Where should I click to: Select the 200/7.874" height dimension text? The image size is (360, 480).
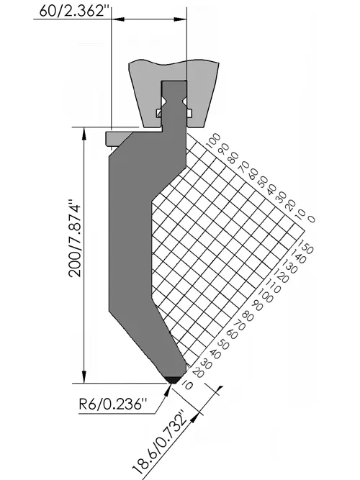(x=75, y=238)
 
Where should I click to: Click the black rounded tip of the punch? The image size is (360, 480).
(x=173, y=380)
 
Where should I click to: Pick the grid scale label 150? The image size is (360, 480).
(x=305, y=247)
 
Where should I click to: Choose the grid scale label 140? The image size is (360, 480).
(x=297, y=256)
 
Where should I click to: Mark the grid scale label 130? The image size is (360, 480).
(x=289, y=266)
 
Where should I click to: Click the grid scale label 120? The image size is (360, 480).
(x=280, y=276)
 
